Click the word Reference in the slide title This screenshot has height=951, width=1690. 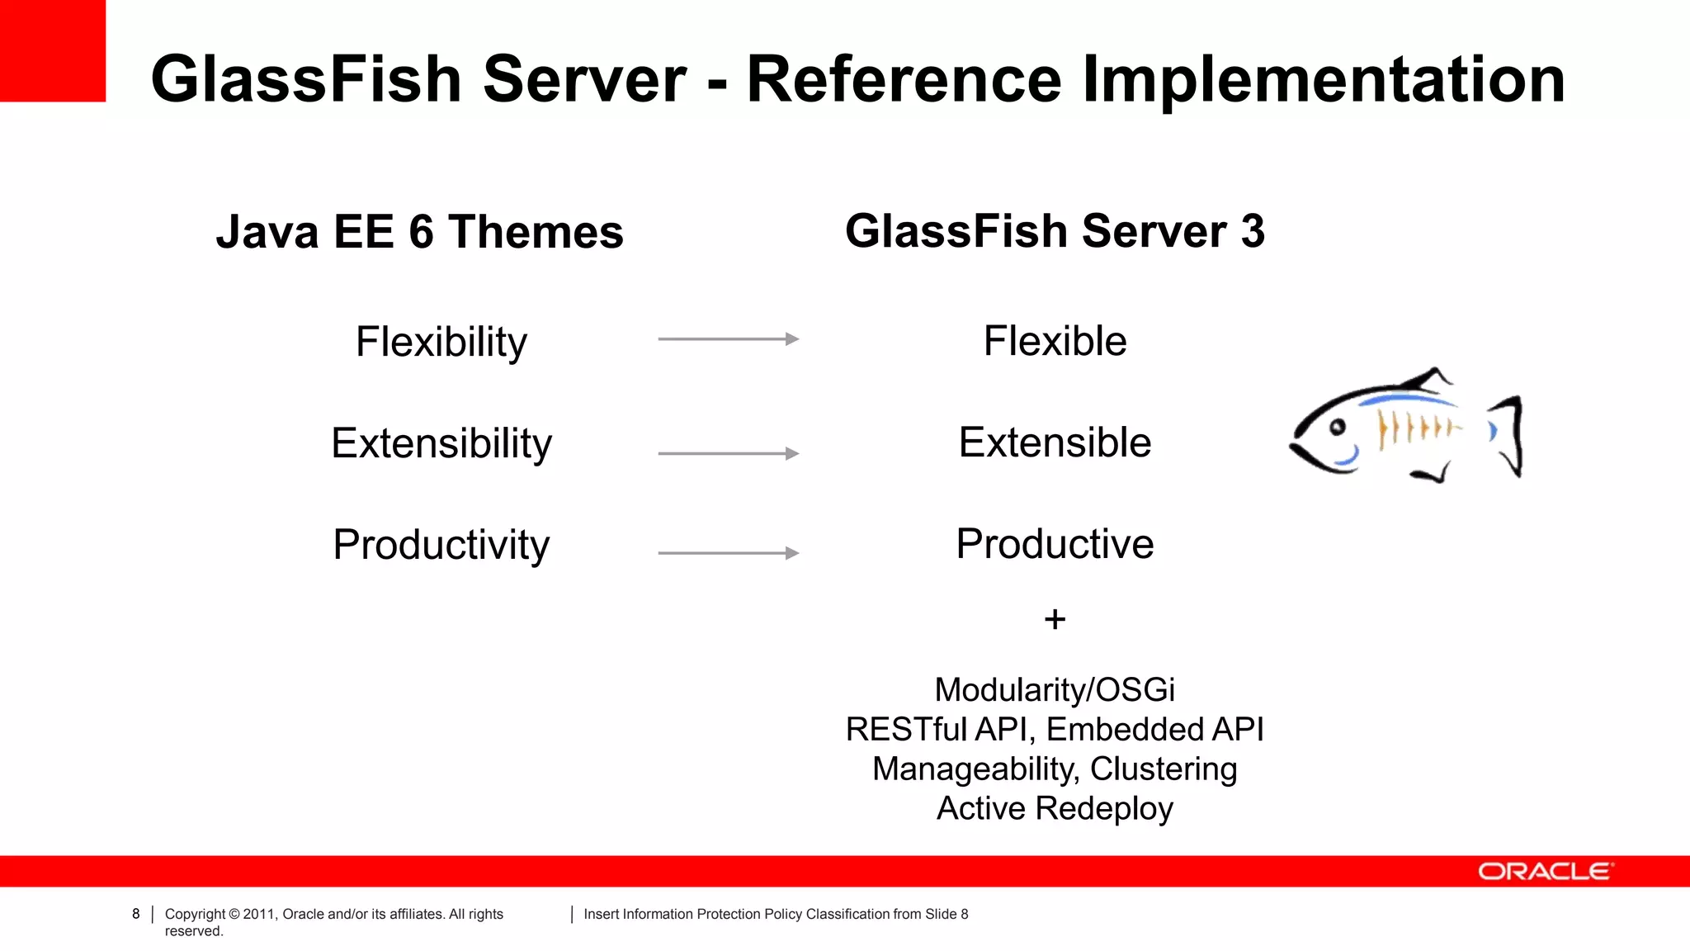904,79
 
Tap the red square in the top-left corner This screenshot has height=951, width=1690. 52,50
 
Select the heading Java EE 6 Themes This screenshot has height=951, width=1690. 419,232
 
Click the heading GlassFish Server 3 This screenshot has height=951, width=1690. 1055,231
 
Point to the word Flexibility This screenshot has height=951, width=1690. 441,342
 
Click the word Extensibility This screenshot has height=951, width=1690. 441,443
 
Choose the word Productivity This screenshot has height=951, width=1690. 441,545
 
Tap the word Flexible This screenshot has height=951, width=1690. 1055,341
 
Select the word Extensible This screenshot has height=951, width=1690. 1055,442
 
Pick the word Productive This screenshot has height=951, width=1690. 1055,544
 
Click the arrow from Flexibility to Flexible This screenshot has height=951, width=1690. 728,339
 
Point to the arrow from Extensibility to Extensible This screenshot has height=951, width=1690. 728,453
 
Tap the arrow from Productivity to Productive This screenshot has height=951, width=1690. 728,553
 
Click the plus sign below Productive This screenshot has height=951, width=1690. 1055,619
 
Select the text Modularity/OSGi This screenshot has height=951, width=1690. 1055,690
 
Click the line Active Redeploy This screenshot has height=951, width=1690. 1055,808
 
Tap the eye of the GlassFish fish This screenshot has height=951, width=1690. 1338,427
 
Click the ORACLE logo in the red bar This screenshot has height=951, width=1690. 1543,872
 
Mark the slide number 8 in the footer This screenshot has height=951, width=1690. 136,914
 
